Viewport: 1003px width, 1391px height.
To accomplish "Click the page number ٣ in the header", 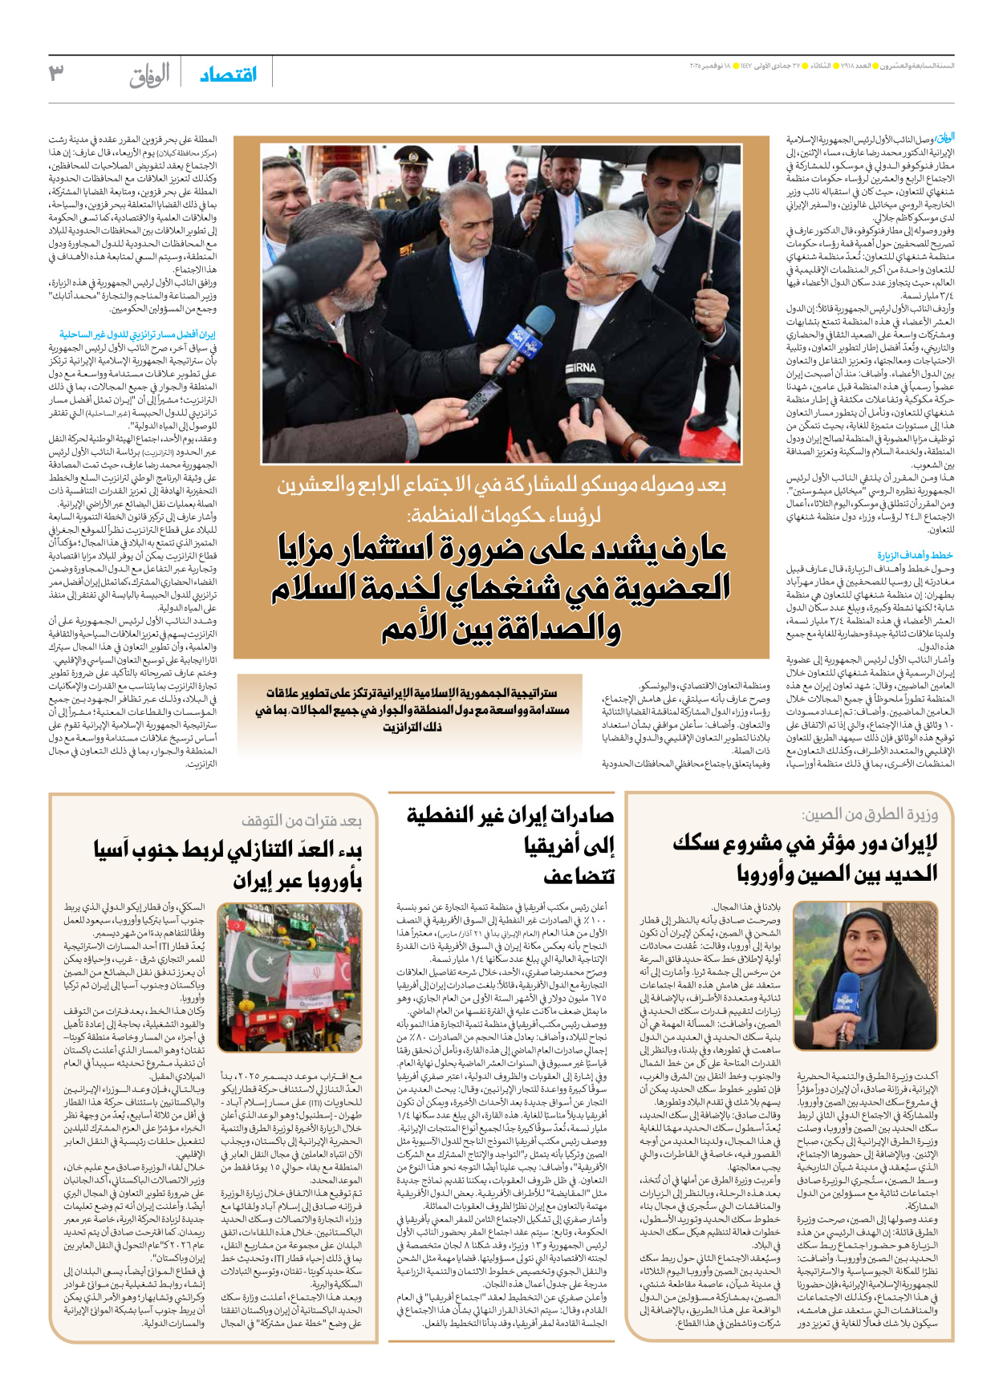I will coord(56,74).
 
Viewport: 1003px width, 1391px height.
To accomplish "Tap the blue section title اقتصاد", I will coord(229,75).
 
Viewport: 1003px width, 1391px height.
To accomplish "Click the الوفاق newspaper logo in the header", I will coord(149,75).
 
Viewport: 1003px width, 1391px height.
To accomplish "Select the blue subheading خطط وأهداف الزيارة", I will coord(914,555).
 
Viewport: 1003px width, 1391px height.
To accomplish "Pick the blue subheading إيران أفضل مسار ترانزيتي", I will coord(137,335).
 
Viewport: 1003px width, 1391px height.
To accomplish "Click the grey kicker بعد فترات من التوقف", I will coord(301,821).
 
